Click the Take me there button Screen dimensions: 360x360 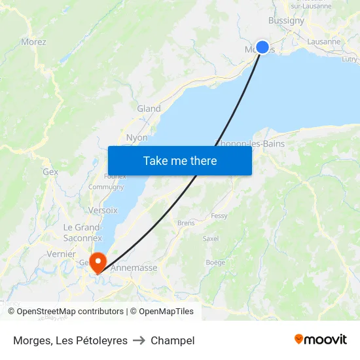click(x=180, y=160)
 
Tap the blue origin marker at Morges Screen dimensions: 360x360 click(x=262, y=47)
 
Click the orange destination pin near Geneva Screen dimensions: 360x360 click(x=98, y=262)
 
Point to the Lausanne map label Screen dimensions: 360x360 click(x=323, y=41)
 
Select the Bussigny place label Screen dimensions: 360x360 click(x=286, y=20)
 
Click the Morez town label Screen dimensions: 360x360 click(x=33, y=42)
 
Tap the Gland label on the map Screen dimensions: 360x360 click(x=149, y=109)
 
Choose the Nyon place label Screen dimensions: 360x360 click(x=137, y=137)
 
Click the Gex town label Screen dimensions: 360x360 click(x=50, y=172)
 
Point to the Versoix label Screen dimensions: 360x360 click(x=103, y=210)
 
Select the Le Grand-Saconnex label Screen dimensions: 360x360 click(x=82, y=232)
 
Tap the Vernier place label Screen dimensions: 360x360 click(x=62, y=254)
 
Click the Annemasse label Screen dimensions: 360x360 click(x=134, y=268)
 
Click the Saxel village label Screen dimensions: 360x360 click(x=211, y=239)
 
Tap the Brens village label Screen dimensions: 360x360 click(x=186, y=223)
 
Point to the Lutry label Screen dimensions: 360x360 click(x=350, y=59)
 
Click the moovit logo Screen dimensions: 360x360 click(x=320, y=339)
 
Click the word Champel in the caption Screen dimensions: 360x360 click(x=172, y=340)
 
